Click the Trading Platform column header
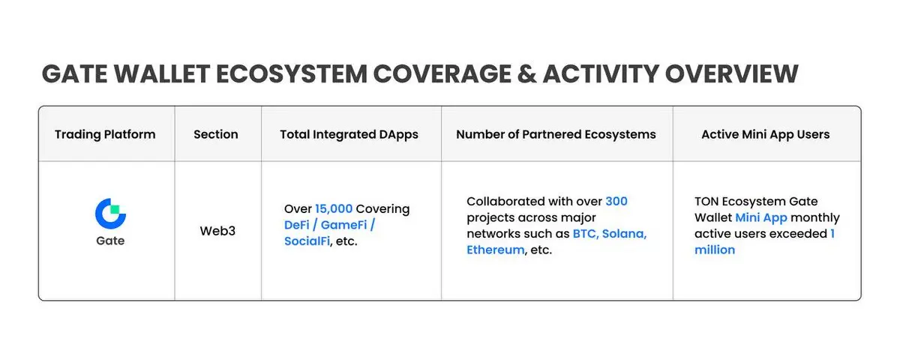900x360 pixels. pos(105,134)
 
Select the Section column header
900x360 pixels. pos(216,134)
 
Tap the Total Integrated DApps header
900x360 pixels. pos(349,134)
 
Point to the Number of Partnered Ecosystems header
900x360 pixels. pos(556,134)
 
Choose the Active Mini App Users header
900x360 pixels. pos(766,134)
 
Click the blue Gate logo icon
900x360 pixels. pos(110,213)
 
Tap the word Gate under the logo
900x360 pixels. pos(110,241)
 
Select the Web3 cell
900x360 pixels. pos(217,231)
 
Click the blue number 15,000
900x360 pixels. pos(334,209)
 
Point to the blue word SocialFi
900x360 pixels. pos(307,241)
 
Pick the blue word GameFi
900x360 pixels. pos(344,225)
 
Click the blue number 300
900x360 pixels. pos(616,201)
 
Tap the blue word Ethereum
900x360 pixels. pos(496,250)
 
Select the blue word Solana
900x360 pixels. pos(624,234)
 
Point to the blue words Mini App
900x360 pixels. pos(761,217)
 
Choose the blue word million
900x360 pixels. pos(715,250)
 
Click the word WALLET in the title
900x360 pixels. pos(162,74)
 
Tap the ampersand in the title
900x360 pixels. pos(526,74)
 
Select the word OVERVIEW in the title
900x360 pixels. pos(732,74)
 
